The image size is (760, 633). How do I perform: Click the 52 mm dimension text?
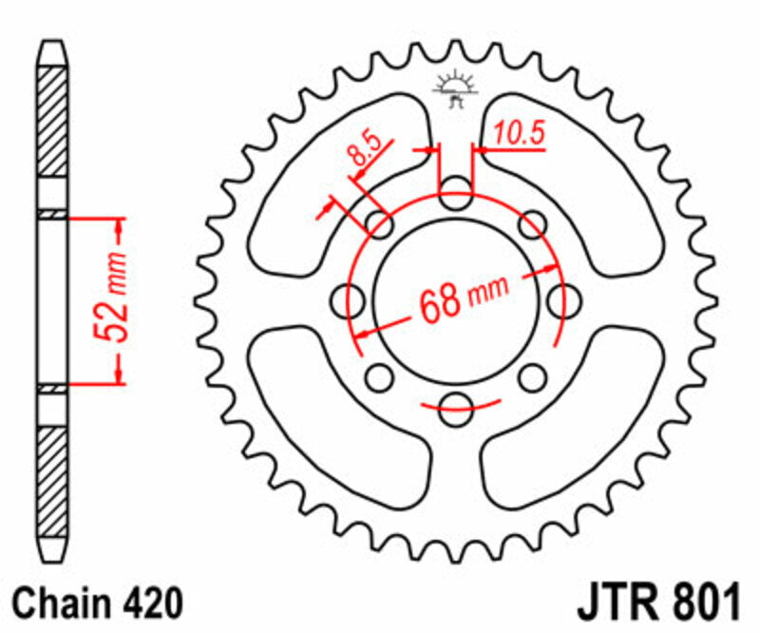[x=112, y=299]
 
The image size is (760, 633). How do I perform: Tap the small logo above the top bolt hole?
[x=455, y=90]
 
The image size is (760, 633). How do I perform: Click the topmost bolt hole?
[x=456, y=192]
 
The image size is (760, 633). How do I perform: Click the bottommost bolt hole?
[x=456, y=409]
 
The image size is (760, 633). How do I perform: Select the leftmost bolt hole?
[x=348, y=300]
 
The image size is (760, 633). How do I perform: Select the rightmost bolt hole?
[x=563, y=300]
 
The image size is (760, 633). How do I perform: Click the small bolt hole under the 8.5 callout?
[x=380, y=224]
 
